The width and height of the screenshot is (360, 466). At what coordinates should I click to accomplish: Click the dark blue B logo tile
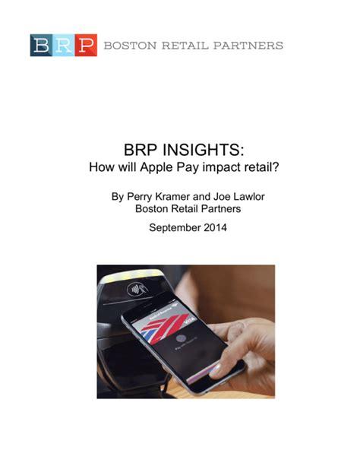click(41, 45)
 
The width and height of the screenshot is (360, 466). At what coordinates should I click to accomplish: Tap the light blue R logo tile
click(64, 45)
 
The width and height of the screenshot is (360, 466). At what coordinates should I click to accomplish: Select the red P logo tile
click(86, 45)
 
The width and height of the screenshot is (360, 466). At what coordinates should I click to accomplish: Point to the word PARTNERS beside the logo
click(248, 46)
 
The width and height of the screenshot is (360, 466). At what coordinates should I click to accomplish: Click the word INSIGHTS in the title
click(204, 150)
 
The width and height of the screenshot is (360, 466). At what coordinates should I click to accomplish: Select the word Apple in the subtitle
click(156, 167)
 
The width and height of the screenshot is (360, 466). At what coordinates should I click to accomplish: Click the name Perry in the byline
click(139, 197)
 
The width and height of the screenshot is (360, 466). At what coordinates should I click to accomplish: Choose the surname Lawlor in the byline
click(249, 196)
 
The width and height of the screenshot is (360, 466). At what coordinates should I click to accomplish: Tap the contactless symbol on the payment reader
click(137, 289)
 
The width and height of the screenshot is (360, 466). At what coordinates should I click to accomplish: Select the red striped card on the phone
click(166, 327)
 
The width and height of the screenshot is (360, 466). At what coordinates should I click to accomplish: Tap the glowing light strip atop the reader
click(132, 277)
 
